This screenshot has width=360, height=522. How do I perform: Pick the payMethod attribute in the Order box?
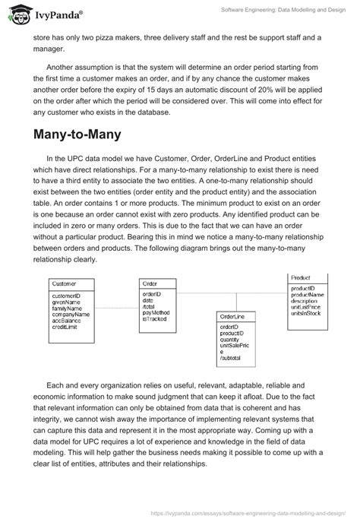tap(156, 312)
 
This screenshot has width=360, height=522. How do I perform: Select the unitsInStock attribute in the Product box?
tap(306, 312)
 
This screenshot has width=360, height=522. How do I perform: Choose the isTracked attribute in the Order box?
tap(154, 318)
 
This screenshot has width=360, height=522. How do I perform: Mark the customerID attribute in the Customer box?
tap(66, 295)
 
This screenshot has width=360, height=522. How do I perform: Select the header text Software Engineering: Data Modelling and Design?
tap(280, 9)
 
